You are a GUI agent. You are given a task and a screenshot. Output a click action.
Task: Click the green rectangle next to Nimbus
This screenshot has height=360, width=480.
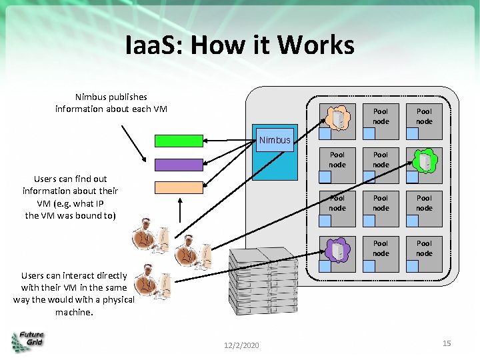(x=179, y=141)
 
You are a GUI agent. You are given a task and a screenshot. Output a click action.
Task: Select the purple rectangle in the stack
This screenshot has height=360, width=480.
(x=179, y=165)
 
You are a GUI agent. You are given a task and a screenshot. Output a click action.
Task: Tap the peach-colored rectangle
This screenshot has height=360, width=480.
(x=179, y=187)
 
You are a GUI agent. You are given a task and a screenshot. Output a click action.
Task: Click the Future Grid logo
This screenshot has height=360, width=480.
(x=28, y=341)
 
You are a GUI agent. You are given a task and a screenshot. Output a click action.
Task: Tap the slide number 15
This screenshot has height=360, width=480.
(x=447, y=343)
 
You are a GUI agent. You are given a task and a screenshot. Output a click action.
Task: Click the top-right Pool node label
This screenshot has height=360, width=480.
(x=425, y=117)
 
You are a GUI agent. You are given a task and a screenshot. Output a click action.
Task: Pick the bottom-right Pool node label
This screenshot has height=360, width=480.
(x=425, y=248)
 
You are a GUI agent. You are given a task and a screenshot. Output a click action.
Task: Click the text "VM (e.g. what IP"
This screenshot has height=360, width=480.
(x=70, y=203)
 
